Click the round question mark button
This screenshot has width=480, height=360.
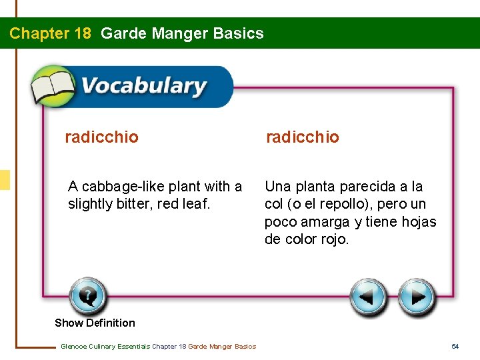(x=87, y=296)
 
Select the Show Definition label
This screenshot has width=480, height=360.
(x=95, y=323)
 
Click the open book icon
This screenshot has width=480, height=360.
(x=53, y=85)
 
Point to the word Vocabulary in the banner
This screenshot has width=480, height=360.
(x=143, y=86)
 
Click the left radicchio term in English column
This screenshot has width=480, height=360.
(x=101, y=137)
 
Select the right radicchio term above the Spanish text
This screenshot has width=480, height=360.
(x=302, y=137)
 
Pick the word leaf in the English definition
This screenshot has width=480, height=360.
(x=196, y=204)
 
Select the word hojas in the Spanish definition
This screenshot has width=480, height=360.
(x=419, y=221)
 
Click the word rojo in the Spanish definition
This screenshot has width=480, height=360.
(x=333, y=239)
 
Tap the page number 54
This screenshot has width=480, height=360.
(x=455, y=346)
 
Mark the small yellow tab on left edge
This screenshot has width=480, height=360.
(x=5, y=179)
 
